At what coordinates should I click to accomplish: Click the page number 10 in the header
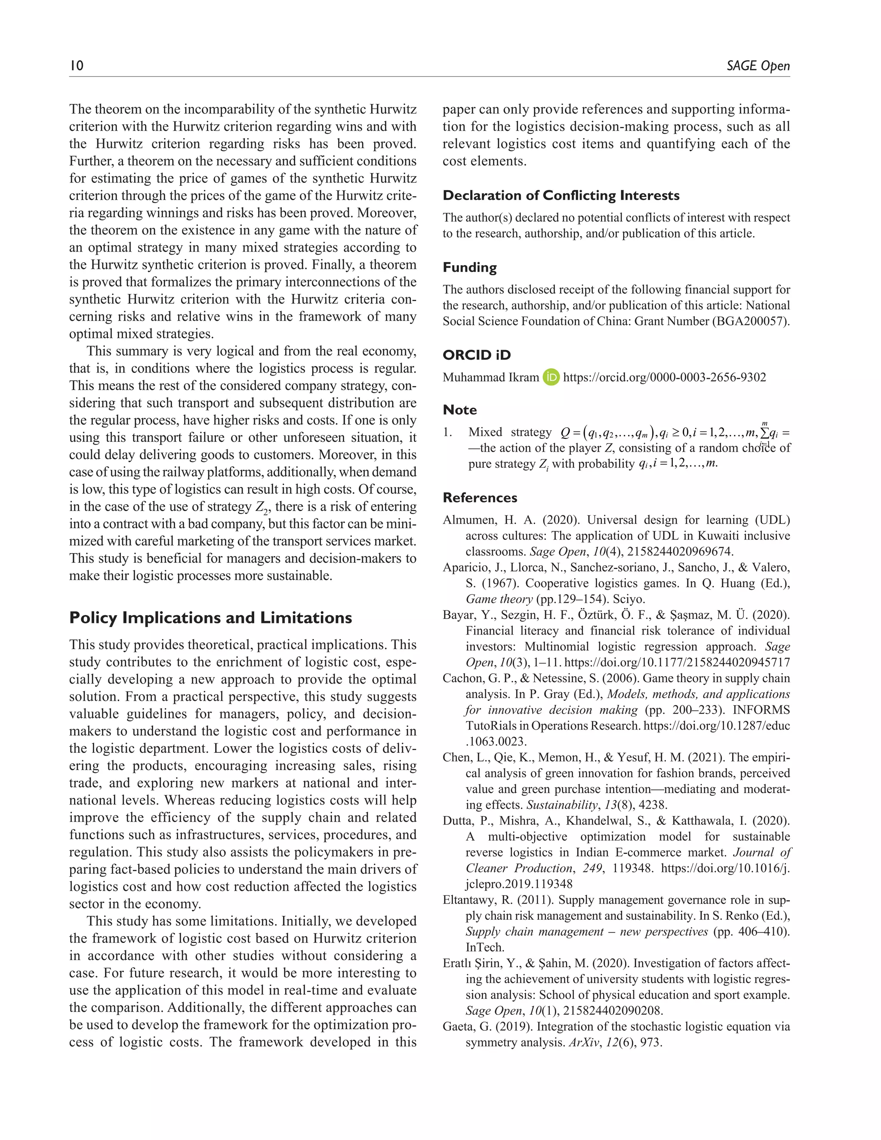click(x=76, y=66)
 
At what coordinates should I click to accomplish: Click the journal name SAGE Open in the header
click(x=758, y=66)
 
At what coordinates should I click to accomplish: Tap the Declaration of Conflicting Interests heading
click(x=561, y=195)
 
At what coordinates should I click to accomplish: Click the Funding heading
click(x=469, y=267)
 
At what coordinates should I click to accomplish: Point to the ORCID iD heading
click(x=477, y=355)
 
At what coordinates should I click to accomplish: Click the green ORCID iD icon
click(x=551, y=377)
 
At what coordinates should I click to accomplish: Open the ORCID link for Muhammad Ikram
click(x=664, y=377)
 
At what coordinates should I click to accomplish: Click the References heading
click(x=480, y=497)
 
